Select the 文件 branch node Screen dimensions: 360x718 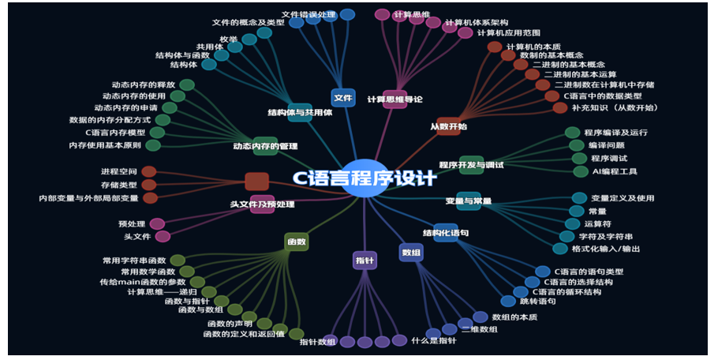tap(343, 98)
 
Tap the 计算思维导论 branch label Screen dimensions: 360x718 tap(395, 99)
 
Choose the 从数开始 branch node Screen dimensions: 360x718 tap(448, 126)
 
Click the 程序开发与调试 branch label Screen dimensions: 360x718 tap(470, 165)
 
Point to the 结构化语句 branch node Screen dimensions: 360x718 tap(446, 233)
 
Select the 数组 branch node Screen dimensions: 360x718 tap(411, 253)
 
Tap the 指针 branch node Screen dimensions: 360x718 tap(365, 260)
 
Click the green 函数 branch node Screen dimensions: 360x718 tap(296, 242)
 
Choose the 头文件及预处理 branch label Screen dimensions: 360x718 tap(262, 204)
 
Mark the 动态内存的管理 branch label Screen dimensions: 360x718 tap(265, 145)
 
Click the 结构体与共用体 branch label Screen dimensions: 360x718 tap(300, 112)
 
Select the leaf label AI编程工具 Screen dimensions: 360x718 tap(615, 171)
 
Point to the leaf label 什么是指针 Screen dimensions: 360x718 tap(433, 340)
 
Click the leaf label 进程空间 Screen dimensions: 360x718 tap(119, 171)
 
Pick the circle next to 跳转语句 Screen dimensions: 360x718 tap(508, 301)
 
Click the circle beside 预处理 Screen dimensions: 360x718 tap(157, 224)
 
